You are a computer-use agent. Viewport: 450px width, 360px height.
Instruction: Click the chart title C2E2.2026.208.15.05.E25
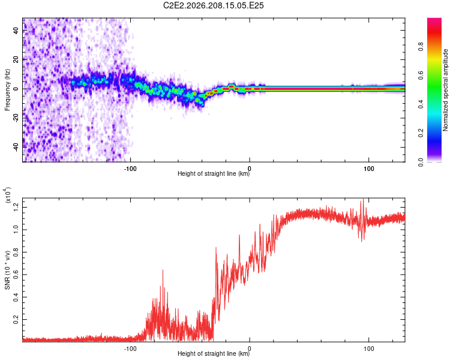coord(213,5)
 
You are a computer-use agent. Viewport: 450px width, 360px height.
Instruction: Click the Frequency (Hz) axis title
coord(7,90)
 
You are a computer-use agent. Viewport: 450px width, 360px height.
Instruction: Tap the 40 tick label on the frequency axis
coord(16,31)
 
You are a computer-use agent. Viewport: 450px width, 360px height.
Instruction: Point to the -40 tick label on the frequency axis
coord(16,148)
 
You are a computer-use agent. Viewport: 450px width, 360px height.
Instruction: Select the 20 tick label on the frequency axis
coord(16,60)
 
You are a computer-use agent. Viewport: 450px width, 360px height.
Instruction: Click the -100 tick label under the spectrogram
coord(130,169)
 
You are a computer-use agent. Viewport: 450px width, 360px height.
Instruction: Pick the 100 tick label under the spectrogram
coord(369,169)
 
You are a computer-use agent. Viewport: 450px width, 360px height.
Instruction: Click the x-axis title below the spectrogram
coord(214,173)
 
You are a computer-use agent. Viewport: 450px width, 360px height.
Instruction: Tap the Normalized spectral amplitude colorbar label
coord(445,90)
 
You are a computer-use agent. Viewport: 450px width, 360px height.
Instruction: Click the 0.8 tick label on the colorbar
coord(421,46)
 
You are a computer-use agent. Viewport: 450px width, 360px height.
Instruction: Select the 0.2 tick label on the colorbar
coord(421,133)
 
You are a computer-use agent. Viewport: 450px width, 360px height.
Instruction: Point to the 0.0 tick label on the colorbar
coord(421,162)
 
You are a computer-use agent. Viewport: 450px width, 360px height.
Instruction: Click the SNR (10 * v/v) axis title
coord(7,270)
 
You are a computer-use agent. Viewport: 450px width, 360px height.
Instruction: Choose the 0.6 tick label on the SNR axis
coord(16,275)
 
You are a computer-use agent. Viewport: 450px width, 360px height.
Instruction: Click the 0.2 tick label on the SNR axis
coord(16,320)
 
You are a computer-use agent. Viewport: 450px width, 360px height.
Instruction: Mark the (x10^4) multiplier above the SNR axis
coord(8,195)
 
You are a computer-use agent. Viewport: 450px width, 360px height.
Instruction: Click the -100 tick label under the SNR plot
coord(130,349)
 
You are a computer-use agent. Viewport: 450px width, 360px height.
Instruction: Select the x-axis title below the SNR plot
coord(214,353)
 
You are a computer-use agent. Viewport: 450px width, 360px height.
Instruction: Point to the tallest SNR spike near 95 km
coord(364,199)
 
